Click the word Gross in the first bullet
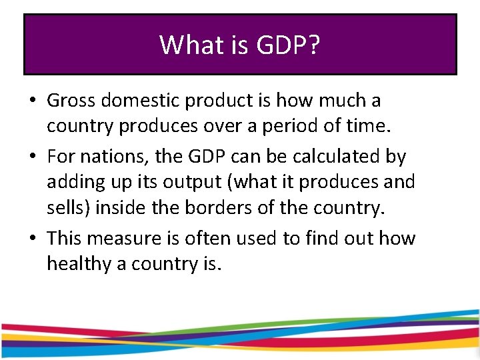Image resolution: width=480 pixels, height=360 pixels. click(x=69, y=101)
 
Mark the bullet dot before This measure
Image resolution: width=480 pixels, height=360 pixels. click(x=32, y=239)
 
